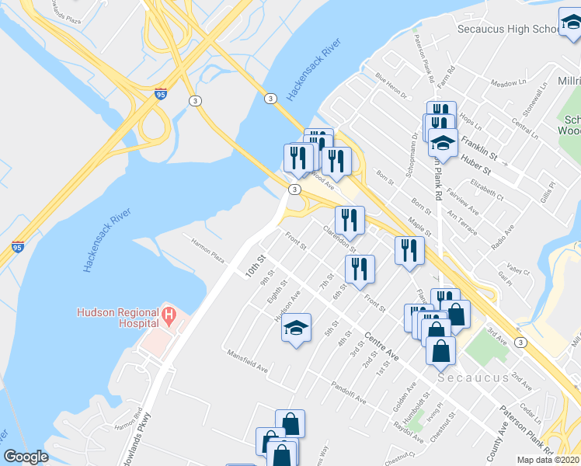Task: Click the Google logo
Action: (26, 457)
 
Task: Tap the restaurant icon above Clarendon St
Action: (350, 220)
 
